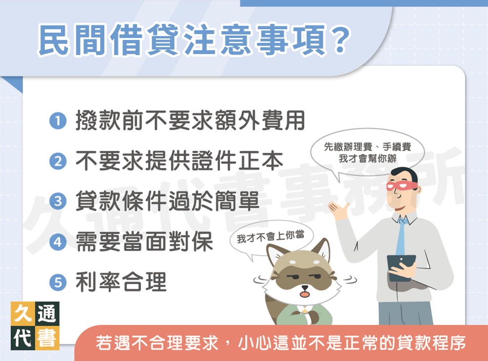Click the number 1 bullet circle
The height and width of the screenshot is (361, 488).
[58, 121]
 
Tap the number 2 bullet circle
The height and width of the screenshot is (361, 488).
[58, 161]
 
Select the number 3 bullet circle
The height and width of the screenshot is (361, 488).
[58, 201]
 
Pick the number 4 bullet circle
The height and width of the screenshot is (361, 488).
[58, 241]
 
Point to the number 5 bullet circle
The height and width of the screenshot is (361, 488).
[58, 281]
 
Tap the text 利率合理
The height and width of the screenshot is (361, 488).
[121, 281]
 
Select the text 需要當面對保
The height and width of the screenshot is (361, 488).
[144, 241]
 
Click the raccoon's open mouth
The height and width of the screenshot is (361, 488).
[305, 294]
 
